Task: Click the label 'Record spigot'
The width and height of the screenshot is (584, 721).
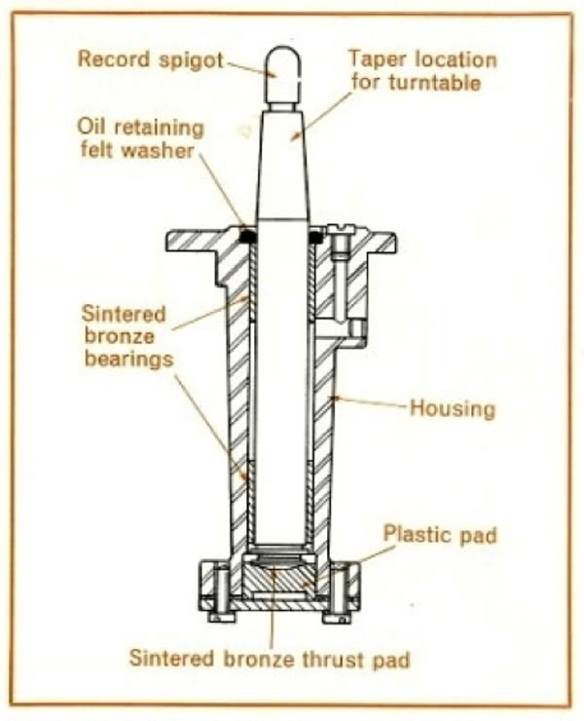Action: tap(151, 60)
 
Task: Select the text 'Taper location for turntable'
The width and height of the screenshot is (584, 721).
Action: tap(421, 70)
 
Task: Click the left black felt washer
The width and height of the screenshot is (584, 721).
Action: tap(247, 236)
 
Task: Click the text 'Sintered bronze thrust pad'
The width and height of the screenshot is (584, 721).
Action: tap(269, 659)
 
